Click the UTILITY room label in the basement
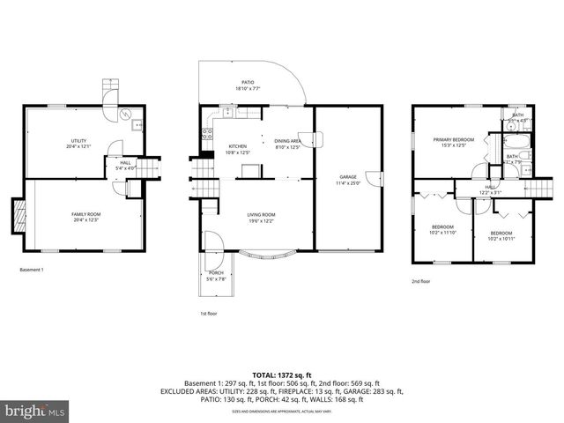coord(79,144)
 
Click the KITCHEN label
coord(238,150)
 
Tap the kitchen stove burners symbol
coord(207,134)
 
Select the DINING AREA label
coord(288,145)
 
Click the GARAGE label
coord(347,181)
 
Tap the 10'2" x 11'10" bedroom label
coord(442,229)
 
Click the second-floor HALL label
coord(490,189)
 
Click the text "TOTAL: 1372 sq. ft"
coord(281,375)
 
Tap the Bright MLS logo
coord(36,410)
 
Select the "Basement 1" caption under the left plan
coord(31,270)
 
